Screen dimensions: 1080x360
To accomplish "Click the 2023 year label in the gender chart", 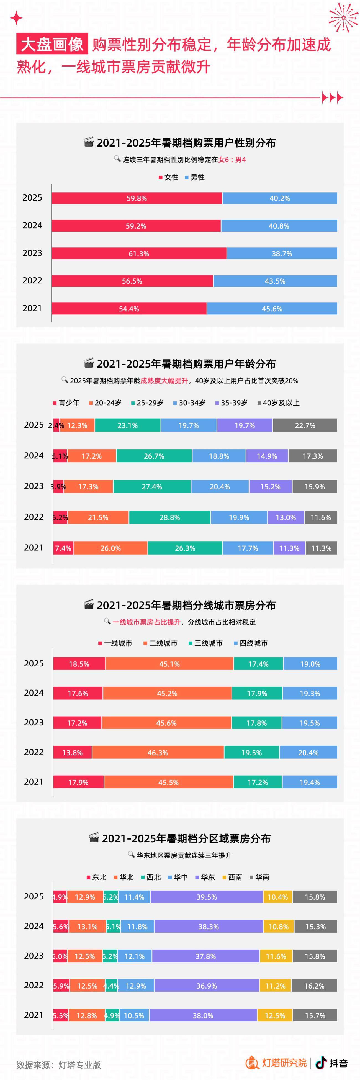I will pos(32,253).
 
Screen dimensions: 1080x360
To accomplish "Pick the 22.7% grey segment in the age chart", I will pos(305,425).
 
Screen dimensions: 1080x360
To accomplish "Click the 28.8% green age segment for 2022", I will pos(170,518).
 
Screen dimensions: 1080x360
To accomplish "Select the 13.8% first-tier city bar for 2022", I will pos(73,753).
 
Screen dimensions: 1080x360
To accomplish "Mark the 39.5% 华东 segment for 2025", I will pos(207,897).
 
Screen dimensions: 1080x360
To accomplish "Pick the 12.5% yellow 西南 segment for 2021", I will pos(275,1016).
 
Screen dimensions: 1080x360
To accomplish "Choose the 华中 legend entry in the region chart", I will pos(178,877).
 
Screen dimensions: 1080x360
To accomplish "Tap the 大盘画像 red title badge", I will pos(52,44).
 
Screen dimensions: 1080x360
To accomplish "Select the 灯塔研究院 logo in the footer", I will pos(277,1063).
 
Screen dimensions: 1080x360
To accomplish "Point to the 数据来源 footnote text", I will pos(59,1065).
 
